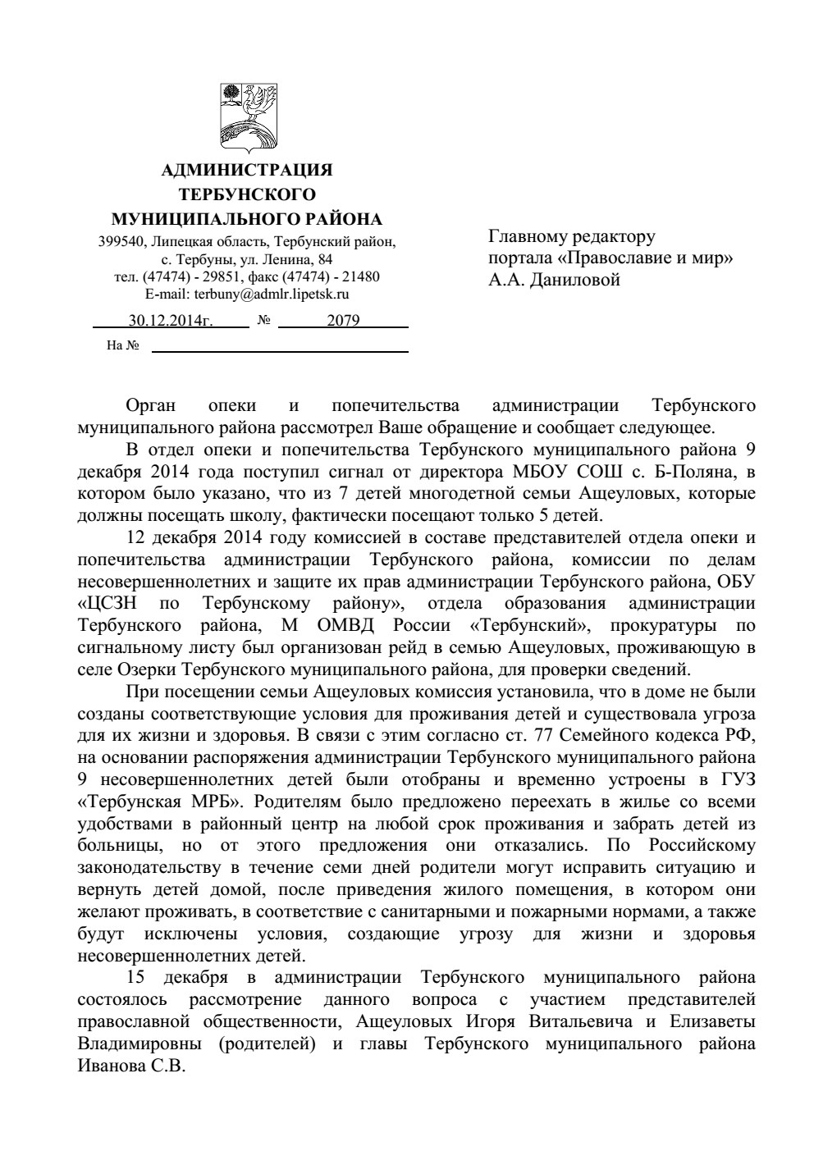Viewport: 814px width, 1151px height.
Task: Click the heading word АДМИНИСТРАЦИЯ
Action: (247, 171)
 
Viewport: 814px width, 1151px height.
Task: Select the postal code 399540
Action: (118, 242)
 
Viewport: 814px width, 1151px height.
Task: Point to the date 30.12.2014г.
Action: (170, 321)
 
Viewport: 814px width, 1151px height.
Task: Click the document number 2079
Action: (343, 321)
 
